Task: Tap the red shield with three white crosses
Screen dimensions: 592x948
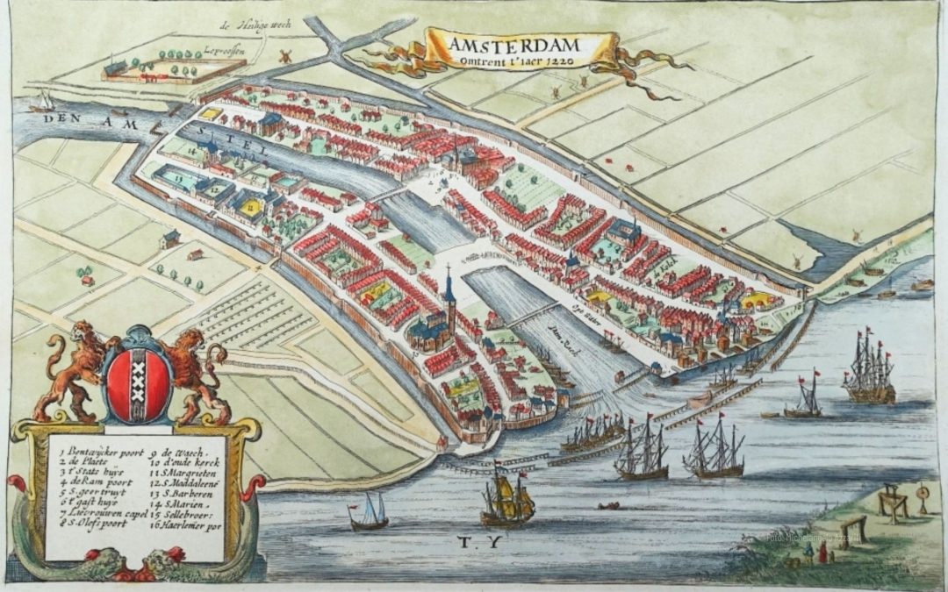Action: coord(137,383)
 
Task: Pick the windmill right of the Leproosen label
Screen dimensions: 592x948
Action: coord(284,55)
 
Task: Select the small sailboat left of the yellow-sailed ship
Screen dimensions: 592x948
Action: coord(369,512)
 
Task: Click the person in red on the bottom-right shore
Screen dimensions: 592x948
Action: coord(823,553)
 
